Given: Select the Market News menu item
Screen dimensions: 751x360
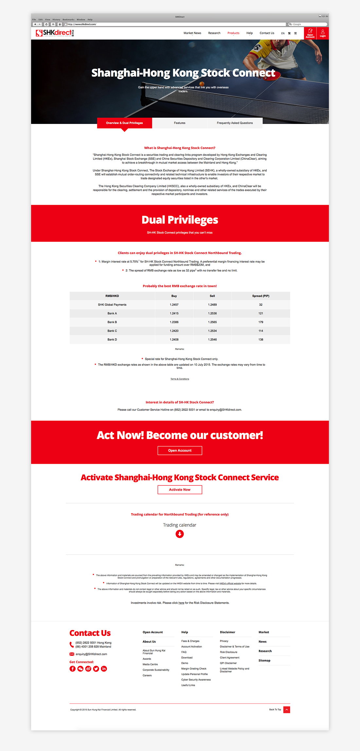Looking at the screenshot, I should click(192, 33).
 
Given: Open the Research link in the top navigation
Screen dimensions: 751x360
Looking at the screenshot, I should click(214, 33).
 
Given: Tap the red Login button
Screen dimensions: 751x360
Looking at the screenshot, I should click(323, 33).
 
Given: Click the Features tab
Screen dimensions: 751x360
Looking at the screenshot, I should click(180, 123).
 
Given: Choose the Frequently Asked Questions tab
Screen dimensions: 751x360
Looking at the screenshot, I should click(235, 123).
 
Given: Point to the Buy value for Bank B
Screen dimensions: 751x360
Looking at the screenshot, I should click(174, 322).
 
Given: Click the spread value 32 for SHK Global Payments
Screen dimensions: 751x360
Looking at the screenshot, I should click(261, 305).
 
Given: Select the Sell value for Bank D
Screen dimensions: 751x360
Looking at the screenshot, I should click(212, 340).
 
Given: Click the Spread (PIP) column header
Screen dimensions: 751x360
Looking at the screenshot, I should click(261, 296).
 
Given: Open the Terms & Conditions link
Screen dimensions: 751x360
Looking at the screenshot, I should click(180, 379).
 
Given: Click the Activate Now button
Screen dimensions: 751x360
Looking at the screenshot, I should click(180, 490).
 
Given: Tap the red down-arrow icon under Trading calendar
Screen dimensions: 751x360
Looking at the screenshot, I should click(180, 534).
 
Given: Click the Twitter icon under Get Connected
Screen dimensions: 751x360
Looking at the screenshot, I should click(96, 669).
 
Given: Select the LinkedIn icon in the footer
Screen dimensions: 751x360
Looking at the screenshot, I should click(104, 669).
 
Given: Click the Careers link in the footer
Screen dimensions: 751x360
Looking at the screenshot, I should click(147, 675).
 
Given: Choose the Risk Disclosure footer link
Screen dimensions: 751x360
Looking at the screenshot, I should click(228, 652).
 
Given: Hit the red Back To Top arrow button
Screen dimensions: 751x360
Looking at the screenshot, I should click(287, 709).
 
